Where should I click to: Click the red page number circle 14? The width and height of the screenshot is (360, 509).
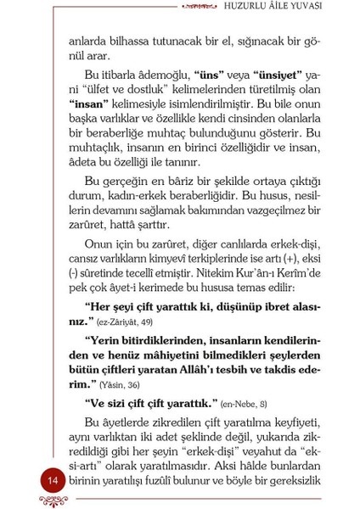(53, 482)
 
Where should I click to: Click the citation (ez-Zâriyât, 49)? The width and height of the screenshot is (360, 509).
(137, 322)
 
